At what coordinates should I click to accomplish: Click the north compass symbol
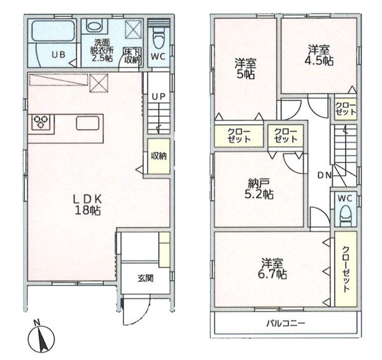click(x=41, y=337)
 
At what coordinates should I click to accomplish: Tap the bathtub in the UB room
click(x=53, y=31)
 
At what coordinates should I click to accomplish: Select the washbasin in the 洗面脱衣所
click(x=94, y=25)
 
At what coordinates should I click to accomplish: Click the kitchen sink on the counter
click(x=88, y=123)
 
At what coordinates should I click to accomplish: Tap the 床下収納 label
click(x=132, y=56)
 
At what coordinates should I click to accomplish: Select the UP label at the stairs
click(x=159, y=97)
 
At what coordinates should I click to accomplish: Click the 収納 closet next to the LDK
click(x=159, y=156)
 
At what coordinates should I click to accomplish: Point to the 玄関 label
click(x=146, y=278)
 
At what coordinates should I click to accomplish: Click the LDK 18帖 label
click(x=88, y=205)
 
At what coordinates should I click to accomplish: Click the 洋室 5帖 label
click(x=246, y=69)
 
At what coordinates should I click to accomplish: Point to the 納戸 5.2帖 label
click(x=259, y=189)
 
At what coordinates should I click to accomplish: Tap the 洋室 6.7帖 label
click(x=272, y=269)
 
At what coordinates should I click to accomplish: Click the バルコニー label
click(x=286, y=324)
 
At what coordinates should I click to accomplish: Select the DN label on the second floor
click(x=325, y=175)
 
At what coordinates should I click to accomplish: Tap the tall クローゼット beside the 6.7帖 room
click(x=346, y=269)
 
